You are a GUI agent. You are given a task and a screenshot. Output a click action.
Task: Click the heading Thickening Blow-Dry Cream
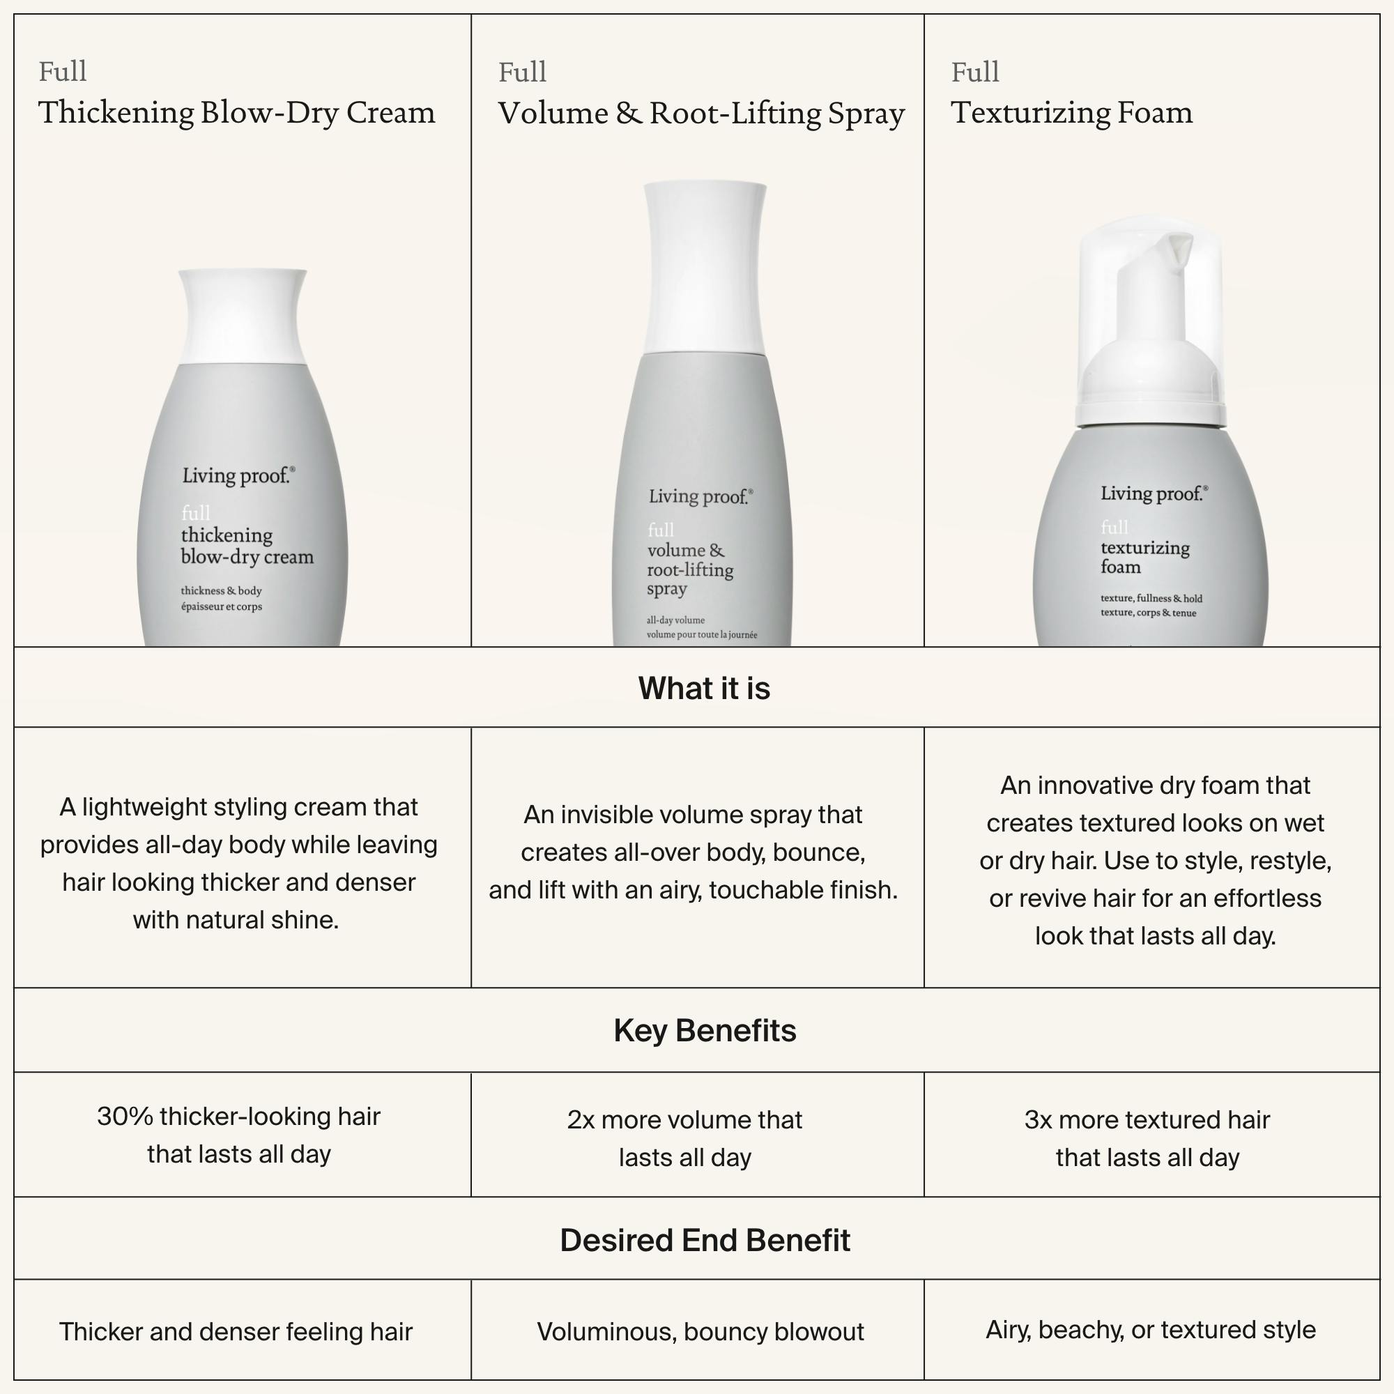coord(237,112)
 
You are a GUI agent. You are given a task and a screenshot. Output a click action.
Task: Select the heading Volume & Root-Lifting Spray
coord(701,114)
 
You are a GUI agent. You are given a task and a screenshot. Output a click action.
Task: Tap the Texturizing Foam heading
coord(1071,112)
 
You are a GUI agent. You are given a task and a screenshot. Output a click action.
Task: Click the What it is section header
coord(704,689)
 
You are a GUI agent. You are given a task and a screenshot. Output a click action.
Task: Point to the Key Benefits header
coord(705,1030)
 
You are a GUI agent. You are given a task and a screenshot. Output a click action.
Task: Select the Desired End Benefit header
coord(705,1241)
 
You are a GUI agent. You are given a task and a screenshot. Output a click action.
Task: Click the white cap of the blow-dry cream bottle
coord(243,316)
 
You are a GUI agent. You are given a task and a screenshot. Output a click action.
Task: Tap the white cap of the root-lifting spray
coord(704,268)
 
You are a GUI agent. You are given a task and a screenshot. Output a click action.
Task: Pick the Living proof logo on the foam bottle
coord(1154,493)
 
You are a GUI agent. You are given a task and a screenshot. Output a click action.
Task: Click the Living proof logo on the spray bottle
coord(700,496)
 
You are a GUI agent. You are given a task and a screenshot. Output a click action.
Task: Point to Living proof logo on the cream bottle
coord(238,475)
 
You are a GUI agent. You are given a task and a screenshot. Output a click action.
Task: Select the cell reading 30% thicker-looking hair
coord(239,1135)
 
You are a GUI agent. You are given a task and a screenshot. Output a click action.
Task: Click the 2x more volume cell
coord(684,1139)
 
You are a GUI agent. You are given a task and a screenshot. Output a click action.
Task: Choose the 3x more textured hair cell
coord(1147,1139)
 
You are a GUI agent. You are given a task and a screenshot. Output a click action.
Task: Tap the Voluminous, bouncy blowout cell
coord(700,1332)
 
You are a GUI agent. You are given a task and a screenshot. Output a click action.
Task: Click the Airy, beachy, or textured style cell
coord(1151,1330)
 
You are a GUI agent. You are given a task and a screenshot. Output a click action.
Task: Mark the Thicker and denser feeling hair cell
coord(236,1332)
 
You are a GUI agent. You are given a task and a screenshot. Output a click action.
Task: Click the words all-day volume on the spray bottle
coord(675,620)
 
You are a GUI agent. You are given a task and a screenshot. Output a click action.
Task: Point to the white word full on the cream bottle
coord(196,513)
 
